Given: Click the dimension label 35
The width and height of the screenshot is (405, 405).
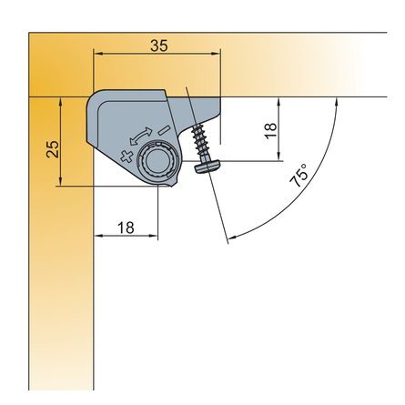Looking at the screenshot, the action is [x=159, y=46].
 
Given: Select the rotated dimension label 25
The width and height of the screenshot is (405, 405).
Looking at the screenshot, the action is [x=53, y=148].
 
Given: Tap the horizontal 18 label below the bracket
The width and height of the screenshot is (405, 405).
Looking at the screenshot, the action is [x=126, y=228].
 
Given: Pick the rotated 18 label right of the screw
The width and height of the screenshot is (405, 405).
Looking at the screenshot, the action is [x=271, y=130].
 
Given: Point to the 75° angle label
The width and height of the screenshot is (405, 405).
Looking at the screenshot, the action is [x=299, y=175].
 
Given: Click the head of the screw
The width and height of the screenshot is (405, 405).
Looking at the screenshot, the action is [x=208, y=166].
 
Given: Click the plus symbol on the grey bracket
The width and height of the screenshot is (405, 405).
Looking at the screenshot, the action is [x=127, y=156].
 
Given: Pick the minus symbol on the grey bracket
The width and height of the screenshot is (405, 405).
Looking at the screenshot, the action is [x=163, y=130].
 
